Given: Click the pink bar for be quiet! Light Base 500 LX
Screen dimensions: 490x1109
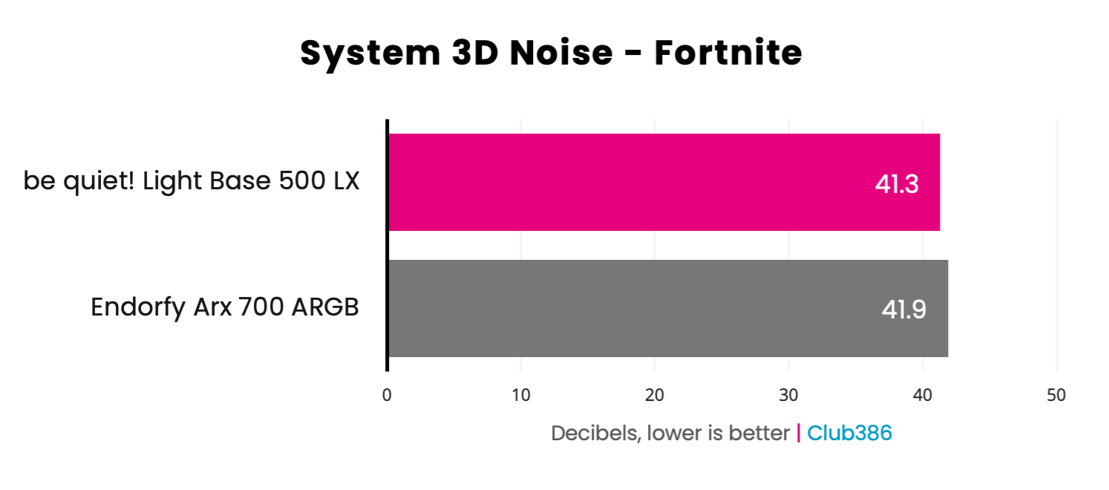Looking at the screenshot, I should [x=664, y=183].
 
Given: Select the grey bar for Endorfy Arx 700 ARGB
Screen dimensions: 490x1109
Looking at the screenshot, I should [x=667, y=309].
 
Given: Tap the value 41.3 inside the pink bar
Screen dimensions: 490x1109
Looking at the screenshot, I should [x=897, y=184].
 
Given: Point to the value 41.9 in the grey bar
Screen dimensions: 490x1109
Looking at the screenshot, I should [x=903, y=310].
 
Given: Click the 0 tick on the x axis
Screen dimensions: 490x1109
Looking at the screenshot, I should [x=387, y=396].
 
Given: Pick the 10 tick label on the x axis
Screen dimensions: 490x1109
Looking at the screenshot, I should [x=521, y=396].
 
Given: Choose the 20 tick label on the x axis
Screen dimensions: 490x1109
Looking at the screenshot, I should [x=655, y=396].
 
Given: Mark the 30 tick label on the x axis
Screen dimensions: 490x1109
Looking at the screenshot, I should [x=788, y=396].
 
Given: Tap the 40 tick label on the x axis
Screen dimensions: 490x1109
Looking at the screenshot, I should [x=923, y=396].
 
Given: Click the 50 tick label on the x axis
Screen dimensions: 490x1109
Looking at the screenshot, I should [x=1056, y=396].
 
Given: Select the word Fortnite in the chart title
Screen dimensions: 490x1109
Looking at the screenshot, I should [x=727, y=53].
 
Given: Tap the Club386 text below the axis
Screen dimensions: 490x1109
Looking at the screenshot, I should [x=849, y=434].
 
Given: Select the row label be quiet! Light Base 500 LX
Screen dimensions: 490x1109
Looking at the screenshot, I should [x=192, y=181].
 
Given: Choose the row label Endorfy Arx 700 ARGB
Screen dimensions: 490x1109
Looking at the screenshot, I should [x=225, y=307].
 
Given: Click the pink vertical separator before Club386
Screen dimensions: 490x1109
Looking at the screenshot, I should [x=799, y=434].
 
